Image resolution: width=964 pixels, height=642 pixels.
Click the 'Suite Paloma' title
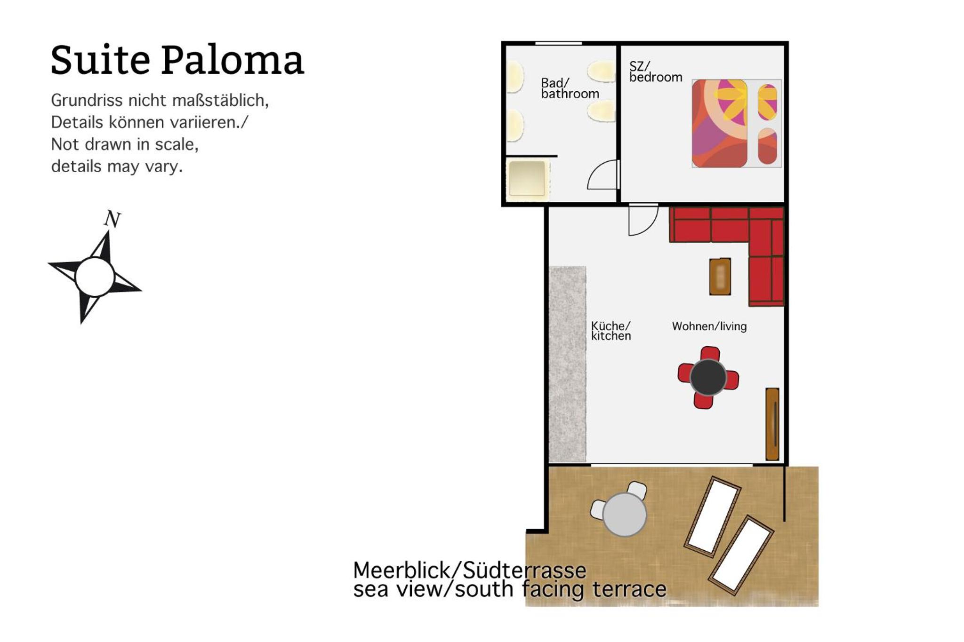(177, 60)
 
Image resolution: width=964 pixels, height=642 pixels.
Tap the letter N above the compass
(112, 219)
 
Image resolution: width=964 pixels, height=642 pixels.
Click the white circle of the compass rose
(95, 277)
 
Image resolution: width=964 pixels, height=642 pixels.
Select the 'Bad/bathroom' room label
(570, 88)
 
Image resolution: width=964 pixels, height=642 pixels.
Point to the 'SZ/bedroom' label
(656, 72)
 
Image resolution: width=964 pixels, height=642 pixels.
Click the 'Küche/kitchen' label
(611, 331)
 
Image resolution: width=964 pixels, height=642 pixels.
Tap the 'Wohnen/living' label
(709, 326)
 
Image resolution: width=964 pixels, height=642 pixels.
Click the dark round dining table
(708, 377)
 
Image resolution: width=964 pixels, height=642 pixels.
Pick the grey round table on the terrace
(624, 515)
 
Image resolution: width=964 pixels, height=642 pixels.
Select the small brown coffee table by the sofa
(720, 277)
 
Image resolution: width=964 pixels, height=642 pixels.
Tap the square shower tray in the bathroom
(527, 179)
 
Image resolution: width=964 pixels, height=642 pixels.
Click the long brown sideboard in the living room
(772, 424)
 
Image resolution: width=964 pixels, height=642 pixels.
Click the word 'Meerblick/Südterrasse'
(470, 571)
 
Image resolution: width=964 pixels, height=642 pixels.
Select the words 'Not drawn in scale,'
(125, 144)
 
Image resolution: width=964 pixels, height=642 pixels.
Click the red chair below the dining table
(703, 401)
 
